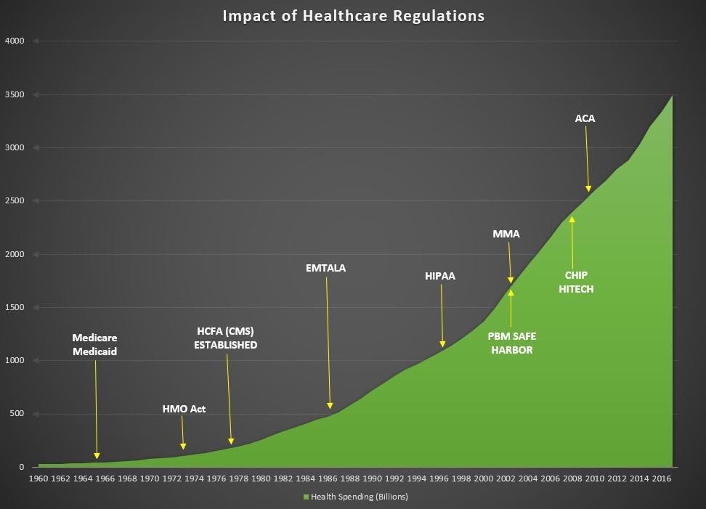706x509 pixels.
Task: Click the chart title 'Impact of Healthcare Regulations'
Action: pyautogui.click(x=353, y=16)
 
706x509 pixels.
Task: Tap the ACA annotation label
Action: pyautogui.click(x=585, y=118)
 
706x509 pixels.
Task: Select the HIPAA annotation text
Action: pyautogui.click(x=440, y=276)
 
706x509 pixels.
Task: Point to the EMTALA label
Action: pyautogui.click(x=326, y=268)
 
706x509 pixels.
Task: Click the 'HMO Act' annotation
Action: pyautogui.click(x=184, y=409)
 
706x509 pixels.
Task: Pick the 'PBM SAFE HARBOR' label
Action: pyautogui.click(x=511, y=343)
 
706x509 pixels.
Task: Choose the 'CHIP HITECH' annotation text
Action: pyautogui.click(x=580, y=282)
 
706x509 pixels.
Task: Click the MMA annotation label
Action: pyautogui.click(x=506, y=234)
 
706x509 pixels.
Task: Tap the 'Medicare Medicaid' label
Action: pyautogui.click(x=95, y=345)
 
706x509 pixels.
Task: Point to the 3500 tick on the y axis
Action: pyautogui.click(x=15, y=94)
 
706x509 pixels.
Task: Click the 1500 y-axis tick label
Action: pyautogui.click(x=15, y=307)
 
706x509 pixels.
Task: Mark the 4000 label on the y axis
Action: pyautogui.click(x=15, y=41)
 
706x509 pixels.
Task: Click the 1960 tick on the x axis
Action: pyautogui.click(x=38, y=479)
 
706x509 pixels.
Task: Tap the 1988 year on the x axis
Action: pyautogui.click(x=349, y=479)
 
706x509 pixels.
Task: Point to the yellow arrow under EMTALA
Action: pyautogui.click(x=328, y=341)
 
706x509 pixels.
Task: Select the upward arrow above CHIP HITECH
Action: pyautogui.click(x=572, y=240)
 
